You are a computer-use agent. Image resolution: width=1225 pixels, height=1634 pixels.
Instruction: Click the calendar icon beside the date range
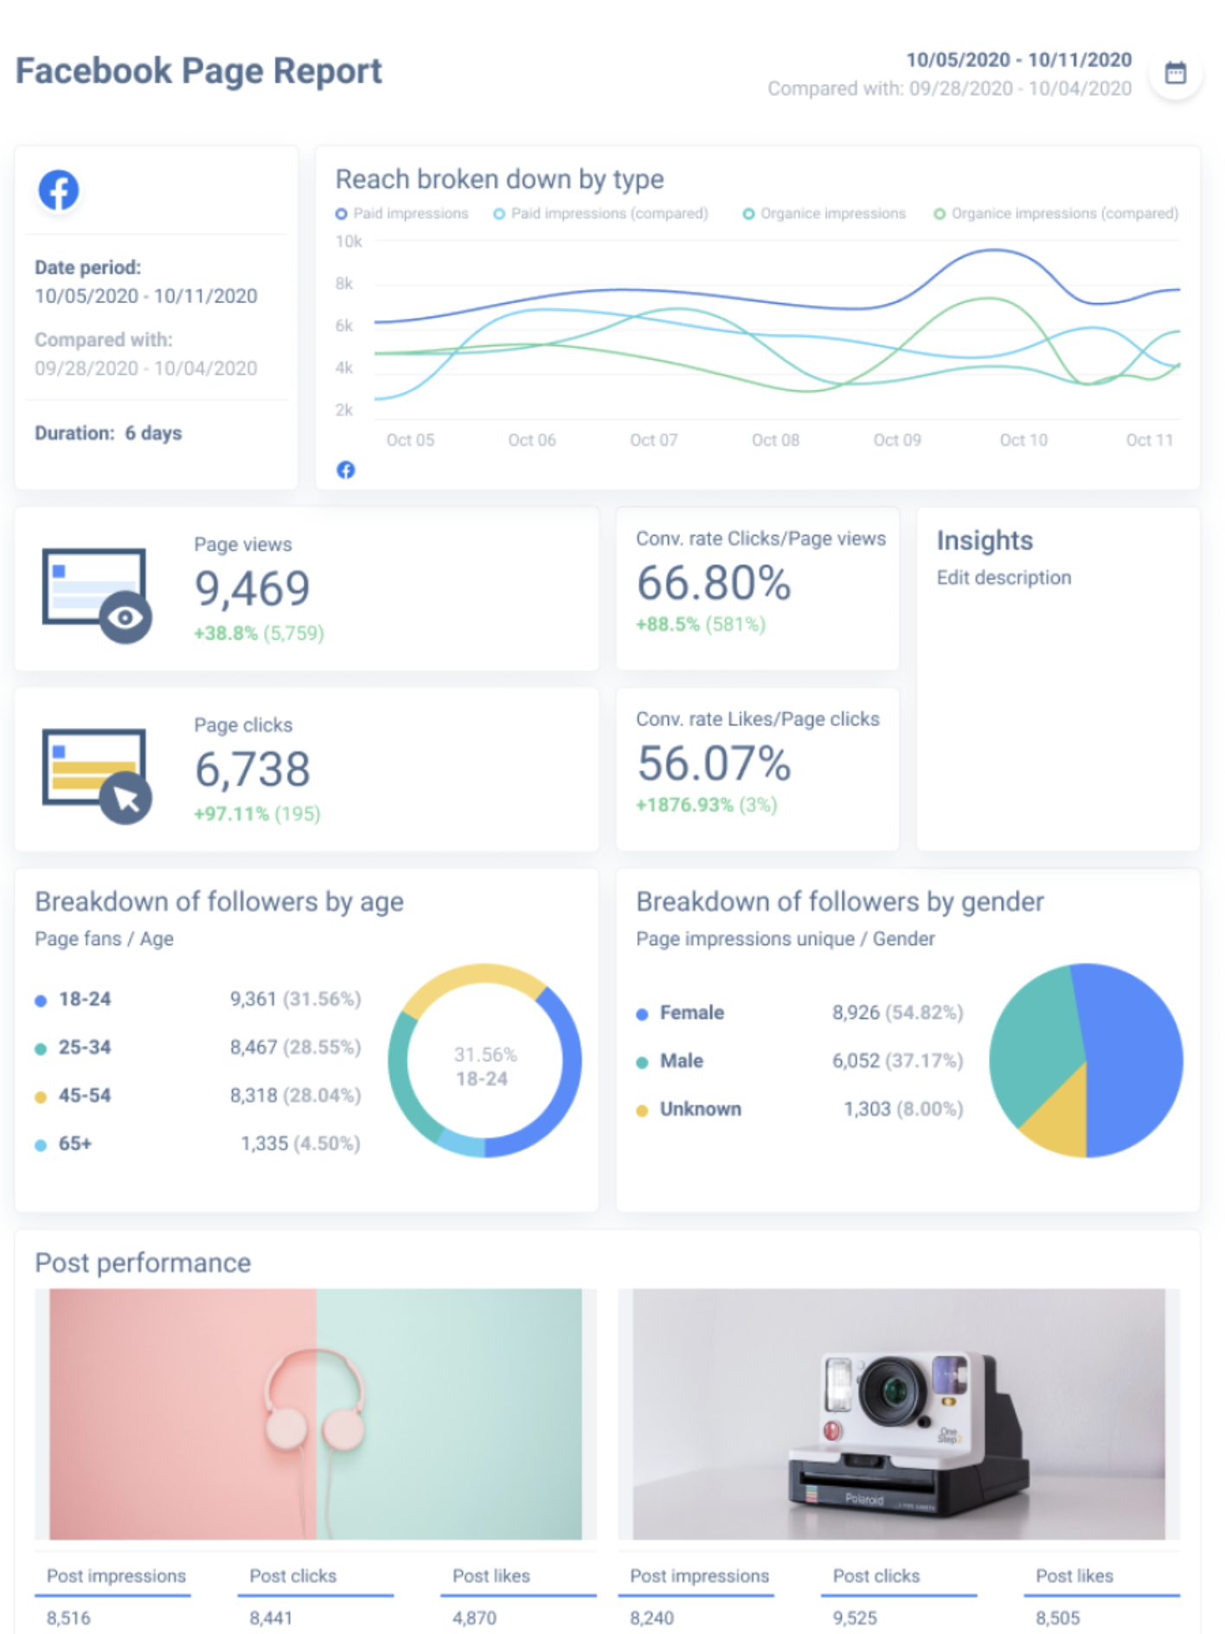(1175, 74)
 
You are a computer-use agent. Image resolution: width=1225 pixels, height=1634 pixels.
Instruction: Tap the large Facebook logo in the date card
(59, 190)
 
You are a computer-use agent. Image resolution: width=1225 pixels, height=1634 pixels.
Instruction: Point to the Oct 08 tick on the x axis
(775, 440)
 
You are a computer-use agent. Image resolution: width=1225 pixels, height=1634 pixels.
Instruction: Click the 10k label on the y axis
(349, 241)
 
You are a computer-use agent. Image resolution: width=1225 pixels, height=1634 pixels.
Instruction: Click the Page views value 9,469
(252, 589)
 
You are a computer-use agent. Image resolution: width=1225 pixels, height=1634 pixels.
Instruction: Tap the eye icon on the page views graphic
(125, 617)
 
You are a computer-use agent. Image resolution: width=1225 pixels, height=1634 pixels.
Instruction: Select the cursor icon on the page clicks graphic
(126, 798)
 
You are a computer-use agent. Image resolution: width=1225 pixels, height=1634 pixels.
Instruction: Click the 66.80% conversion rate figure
(714, 582)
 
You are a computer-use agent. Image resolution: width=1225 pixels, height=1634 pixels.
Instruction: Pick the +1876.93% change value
(684, 805)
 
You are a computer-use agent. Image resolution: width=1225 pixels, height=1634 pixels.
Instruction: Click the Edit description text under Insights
(1004, 577)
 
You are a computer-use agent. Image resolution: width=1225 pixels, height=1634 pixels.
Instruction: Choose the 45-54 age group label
(85, 1096)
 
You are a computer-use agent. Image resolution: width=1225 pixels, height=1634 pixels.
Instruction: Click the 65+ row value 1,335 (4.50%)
(300, 1144)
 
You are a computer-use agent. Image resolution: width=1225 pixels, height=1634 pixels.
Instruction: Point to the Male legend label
(681, 1061)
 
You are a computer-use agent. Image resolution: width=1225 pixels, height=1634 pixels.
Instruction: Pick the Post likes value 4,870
(474, 1618)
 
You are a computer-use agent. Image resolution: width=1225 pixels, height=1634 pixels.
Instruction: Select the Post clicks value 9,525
(855, 1618)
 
